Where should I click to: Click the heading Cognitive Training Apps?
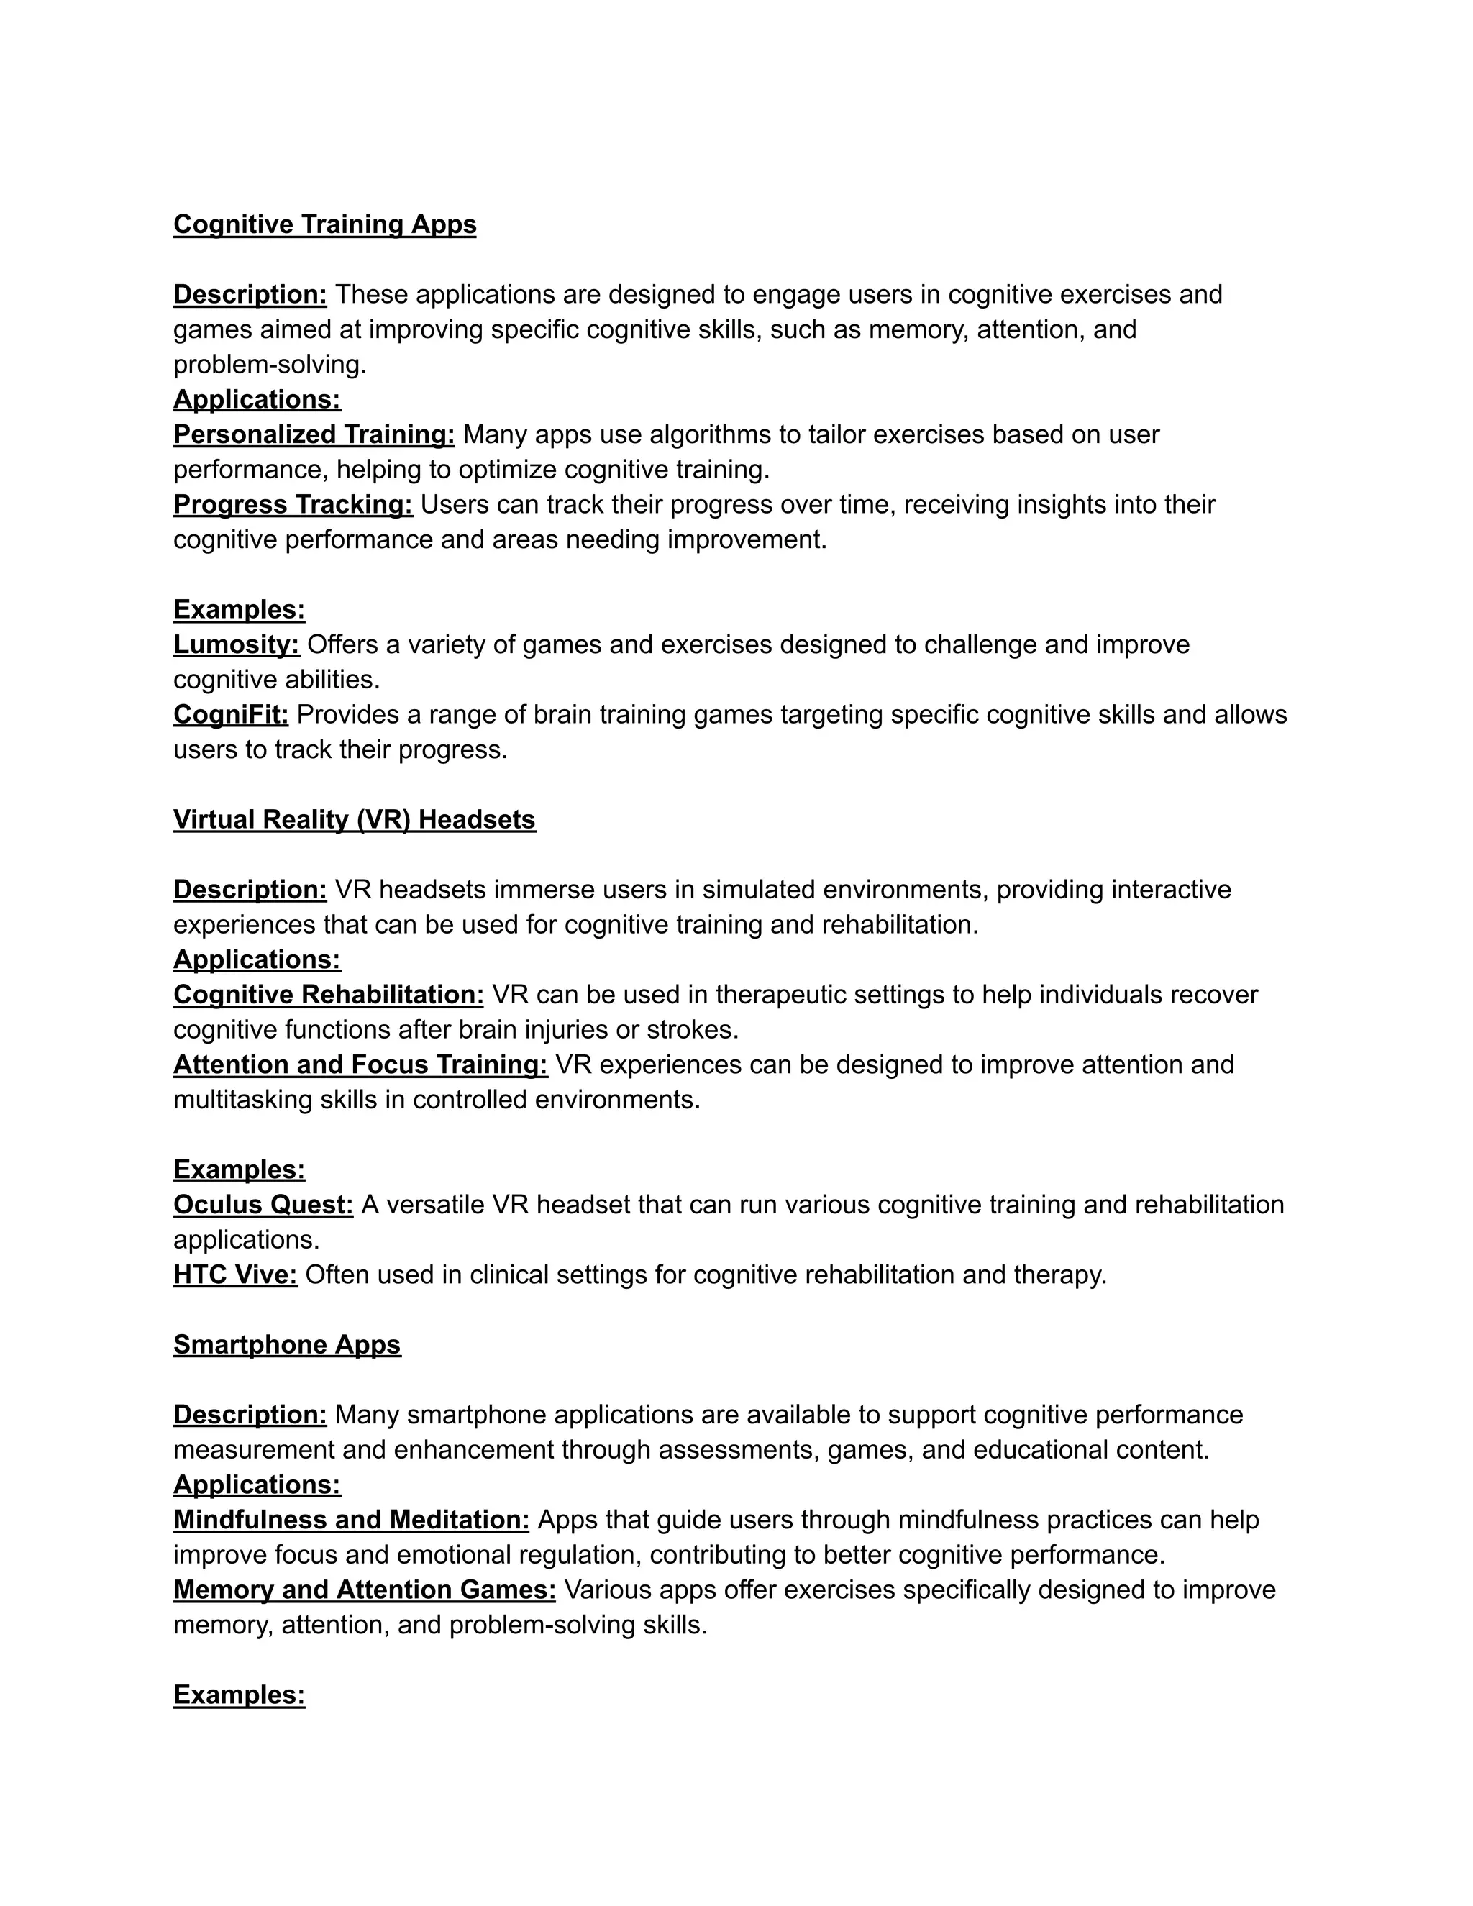point(324,224)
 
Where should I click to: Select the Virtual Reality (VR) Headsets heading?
point(355,819)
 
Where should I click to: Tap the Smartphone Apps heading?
point(287,1345)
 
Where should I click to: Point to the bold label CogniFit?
point(232,715)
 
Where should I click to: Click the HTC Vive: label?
point(236,1275)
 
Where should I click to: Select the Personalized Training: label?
point(314,434)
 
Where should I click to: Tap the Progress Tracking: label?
point(293,504)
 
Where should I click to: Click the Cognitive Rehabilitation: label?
point(329,995)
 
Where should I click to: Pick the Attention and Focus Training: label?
point(360,1064)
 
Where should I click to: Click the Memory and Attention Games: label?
point(365,1590)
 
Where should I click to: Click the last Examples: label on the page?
point(239,1695)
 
